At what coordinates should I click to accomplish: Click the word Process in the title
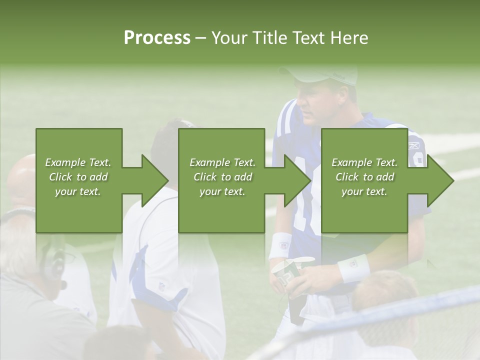pyautogui.click(x=157, y=37)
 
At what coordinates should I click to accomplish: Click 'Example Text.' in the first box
pyautogui.click(x=78, y=162)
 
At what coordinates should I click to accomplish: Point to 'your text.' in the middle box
pyautogui.click(x=222, y=191)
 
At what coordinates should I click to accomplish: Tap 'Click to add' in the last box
pyautogui.click(x=364, y=177)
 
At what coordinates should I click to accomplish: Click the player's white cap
pyautogui.click(x=325, y=74)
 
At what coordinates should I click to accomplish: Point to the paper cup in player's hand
pyautogui.click(x=286, y=273)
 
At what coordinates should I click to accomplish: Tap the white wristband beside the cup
pyautogui.click(x=353, y=268)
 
